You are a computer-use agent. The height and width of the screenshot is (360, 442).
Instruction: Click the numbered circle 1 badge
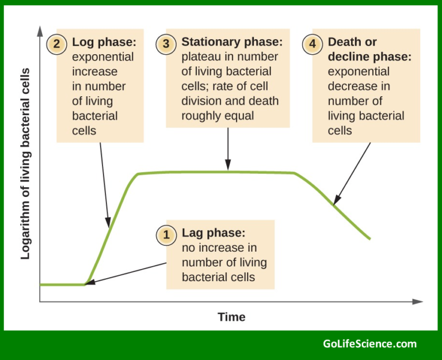coord(166,234)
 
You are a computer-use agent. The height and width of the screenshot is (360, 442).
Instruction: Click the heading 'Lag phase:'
coord(214,233)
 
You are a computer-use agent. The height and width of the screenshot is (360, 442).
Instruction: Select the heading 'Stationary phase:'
coord(232,43)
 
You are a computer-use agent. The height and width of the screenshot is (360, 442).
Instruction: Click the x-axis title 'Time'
coord(231,317)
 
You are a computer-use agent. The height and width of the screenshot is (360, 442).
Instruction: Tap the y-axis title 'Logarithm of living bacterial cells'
coord(25,164)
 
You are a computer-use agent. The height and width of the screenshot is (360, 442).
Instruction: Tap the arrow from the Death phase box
coord(352,173)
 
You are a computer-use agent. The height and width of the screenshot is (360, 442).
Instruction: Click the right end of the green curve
coord(369,238)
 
